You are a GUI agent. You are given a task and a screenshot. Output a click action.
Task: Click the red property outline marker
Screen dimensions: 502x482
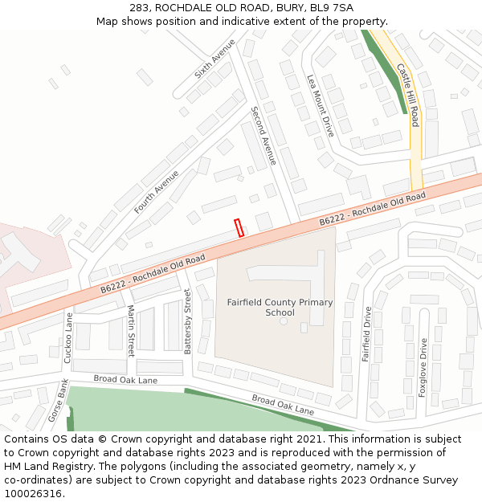(239, 227)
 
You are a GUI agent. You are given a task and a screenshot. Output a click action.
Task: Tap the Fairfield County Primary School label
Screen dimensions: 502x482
(268, 308)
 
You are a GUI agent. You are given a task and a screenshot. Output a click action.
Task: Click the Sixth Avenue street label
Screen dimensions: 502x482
(215, 59)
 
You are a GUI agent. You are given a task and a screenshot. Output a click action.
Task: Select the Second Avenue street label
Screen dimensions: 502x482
(263, 136)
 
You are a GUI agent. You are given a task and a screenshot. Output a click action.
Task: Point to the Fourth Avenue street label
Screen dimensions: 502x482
(157, 191)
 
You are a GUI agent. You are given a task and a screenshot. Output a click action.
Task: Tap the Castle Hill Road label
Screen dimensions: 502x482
(408, 96)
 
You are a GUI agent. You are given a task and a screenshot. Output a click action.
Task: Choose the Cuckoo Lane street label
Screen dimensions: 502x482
(67, 337)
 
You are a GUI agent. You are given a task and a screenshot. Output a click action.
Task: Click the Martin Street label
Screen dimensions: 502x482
(130, 330)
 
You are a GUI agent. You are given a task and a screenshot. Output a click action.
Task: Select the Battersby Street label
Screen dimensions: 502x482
(188, 322)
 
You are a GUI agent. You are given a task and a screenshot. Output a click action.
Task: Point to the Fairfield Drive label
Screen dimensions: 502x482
(366, 333)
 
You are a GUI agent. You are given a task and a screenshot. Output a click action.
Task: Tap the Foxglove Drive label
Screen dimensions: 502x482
(423, 368)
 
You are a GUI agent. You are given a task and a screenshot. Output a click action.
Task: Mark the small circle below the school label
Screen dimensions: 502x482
(283, 321)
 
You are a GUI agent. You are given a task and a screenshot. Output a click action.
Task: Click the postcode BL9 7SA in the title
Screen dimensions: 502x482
(331, 7)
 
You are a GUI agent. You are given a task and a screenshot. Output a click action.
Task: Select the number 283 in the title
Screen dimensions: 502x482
(140, 7)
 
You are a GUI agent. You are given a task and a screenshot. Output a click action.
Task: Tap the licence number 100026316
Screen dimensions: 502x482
(34, 494)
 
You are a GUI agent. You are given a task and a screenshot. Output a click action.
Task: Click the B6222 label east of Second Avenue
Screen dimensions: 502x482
(371, 209)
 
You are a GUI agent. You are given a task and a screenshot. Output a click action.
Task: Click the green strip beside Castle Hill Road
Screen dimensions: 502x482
(384, 72)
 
